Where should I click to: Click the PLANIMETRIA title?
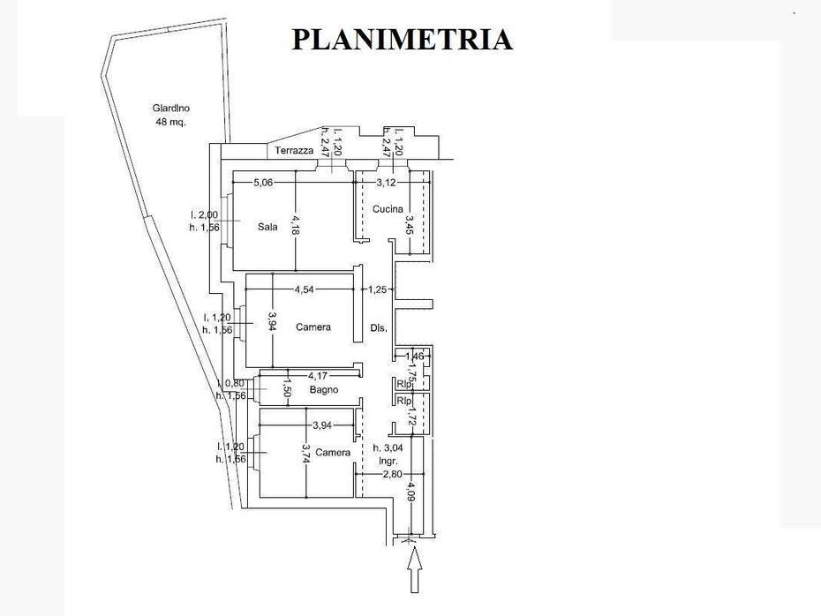point(402,39)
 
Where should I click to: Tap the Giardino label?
point(170,109)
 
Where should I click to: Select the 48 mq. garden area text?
point(170,123)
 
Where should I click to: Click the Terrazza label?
point(294,151)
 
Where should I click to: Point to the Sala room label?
point(267,227)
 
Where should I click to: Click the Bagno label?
point(325,389)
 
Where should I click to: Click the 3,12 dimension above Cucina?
point(386,184)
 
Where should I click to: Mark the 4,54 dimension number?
point(305,289)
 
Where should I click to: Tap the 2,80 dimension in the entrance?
point(393,474)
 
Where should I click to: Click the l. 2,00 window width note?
point(205,214)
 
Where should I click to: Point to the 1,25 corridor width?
point(377,289)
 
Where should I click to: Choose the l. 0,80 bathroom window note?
point(231,384)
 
